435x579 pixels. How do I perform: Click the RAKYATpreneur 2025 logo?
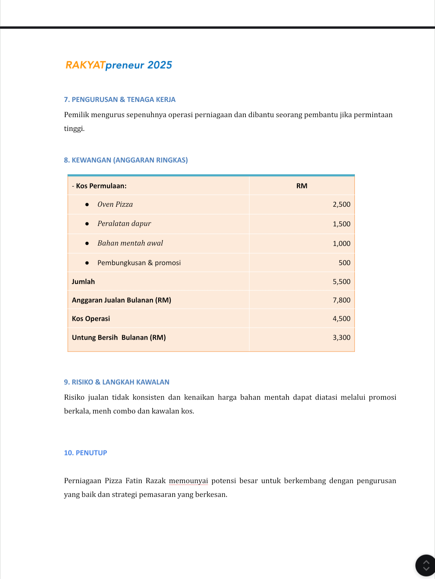point(119,65)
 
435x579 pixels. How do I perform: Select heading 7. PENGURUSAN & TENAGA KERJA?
point(120,99)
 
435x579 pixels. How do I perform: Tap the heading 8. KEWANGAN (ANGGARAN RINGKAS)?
point(126,160)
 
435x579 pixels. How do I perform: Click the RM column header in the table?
point(302,186)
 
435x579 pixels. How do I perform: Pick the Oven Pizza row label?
point(115,204)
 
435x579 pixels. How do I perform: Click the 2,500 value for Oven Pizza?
point(341,204)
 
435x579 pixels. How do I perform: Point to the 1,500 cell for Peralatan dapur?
point(341,224)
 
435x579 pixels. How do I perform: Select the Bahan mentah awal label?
point(130,243)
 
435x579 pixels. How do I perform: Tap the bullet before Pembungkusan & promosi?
point(87,263)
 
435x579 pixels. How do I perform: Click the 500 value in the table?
point(344,263)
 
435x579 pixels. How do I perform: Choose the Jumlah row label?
point(83,282)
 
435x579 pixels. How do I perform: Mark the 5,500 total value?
point(341,282)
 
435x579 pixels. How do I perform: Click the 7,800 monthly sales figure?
point(341,300)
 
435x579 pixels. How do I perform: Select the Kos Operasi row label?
point(91,319)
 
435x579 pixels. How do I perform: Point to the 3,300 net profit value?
point(341,337)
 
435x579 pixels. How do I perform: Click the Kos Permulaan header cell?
point(99,186)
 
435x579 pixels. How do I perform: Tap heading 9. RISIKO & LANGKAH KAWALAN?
point(117,382)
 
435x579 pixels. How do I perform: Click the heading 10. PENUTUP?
point(86,453)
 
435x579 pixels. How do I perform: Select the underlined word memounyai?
point(188,481)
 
